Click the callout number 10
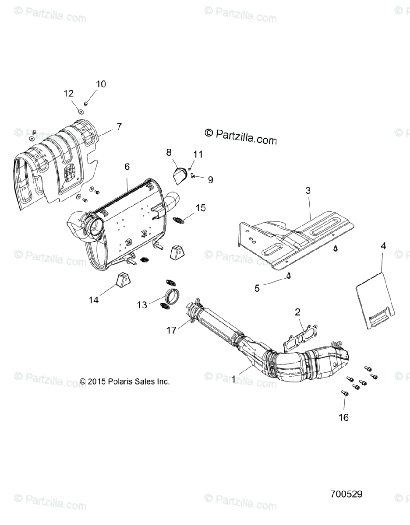(101, 84)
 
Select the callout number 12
(68, 93)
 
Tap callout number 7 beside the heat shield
(119, 127)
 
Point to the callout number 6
(127, 166)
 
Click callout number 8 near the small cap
(169, 152)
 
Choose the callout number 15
(201, 208)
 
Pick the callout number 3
(308, 190)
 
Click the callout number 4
(383, 246)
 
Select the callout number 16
(344, 417)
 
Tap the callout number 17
(171, 330)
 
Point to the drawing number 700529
(346, 494)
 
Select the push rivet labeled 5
(290, 276)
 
